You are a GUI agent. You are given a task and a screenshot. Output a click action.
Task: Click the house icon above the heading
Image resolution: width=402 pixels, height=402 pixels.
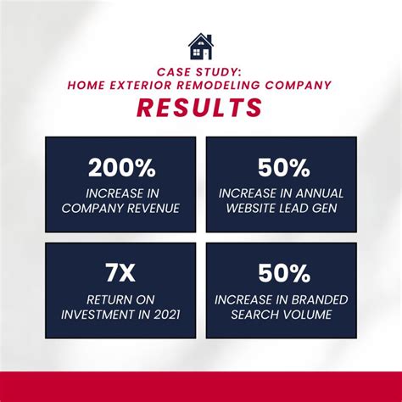pyautogui.click(x=201, y=47)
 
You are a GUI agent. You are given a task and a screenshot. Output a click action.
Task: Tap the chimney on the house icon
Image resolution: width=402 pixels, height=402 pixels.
pyautogui.click(x=209, y=38)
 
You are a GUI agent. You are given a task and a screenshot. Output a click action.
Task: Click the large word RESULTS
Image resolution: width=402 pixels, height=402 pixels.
pyautogui.click(x=199, y=108)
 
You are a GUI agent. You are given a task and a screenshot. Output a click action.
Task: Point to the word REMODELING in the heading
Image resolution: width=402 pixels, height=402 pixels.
pyautogui.click(x=218, y=85)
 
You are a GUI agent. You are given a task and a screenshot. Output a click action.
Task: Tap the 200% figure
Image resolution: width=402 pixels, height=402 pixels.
pyautogui.click(x=122, y=168)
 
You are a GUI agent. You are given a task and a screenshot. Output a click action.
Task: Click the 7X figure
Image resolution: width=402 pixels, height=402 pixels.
pyautogui.click(x=120, y=273)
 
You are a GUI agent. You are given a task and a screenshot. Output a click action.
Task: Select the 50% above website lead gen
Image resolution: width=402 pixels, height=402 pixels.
pyautogui.click(x=283, y=168)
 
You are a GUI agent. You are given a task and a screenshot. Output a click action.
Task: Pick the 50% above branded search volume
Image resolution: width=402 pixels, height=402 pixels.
pyautogui.click(x=284, y=273)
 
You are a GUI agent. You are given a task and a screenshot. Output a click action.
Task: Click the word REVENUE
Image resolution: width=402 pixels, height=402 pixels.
pyautogui.click(x=154, y=209)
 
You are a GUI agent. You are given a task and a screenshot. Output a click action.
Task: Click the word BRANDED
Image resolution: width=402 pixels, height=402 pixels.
pyautogui.click(x=320, y=299)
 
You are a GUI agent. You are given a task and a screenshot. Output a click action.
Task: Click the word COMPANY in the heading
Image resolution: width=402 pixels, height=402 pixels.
pyautogui.click(x=299, y=85)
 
